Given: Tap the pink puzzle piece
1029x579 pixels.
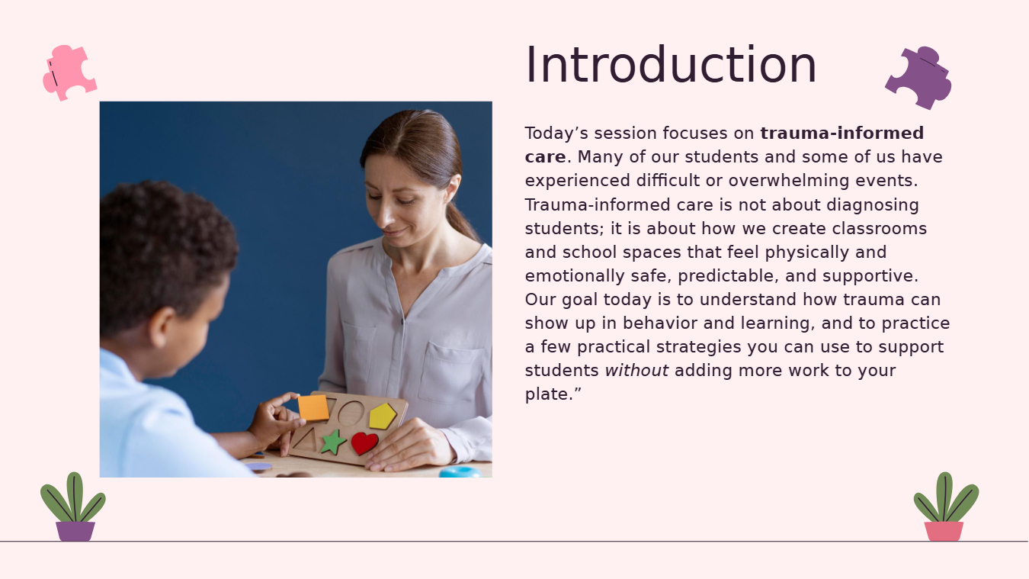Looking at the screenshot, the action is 69,72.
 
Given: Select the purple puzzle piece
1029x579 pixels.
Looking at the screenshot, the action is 918,78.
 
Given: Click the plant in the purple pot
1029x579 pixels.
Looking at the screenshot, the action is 73,507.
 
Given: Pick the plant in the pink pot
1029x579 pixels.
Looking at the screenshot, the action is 945,507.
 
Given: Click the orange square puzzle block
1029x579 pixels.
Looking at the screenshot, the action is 313,407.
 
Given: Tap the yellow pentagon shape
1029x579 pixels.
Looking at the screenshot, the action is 382,417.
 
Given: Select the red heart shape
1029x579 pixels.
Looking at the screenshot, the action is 364,443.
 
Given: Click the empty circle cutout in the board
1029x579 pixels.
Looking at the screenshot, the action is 351,413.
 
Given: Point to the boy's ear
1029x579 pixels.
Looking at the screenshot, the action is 162,327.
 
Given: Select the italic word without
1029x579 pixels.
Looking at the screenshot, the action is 636,370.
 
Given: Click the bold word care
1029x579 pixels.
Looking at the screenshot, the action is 545,157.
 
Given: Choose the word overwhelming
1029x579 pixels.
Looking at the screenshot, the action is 789,181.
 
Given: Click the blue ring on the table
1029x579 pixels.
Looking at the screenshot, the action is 460,471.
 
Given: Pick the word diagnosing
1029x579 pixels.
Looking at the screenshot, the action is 872,205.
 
